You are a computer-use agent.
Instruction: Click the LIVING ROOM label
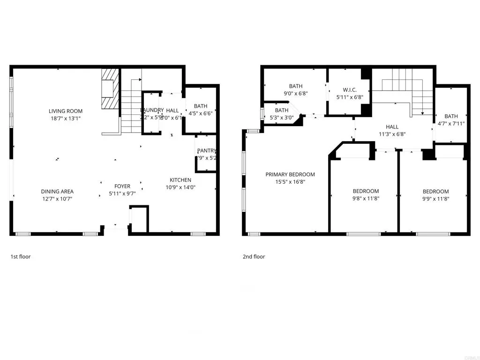pyautogui.click(x=66, y=111)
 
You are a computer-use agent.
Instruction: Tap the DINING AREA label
pyautogui.click(x=57, y=191)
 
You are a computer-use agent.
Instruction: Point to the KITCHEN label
pyautogui.click(x=180, y=180)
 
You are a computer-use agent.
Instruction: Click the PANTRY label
pyautogui.click(x=207, y=150)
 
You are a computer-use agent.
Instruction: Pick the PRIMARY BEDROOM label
pyautogui.click(x=290, y=174)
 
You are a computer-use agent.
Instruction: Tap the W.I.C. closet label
pyautogui.click(x=350, y=90)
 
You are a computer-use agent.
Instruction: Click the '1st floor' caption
pyautogui.click(x=21, y=256)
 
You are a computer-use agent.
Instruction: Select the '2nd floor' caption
pyautogui.click(x=254, y=256)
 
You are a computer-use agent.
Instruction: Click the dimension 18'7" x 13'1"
pyautogui.click(x=66, y=119)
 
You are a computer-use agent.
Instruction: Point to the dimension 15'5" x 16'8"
pyautogui.click(x=290, y=182)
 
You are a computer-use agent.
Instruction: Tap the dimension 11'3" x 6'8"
pyautogui.click(x=392, y=134)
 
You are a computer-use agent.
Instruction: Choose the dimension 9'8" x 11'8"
pyautogui.click(x=366, y=199)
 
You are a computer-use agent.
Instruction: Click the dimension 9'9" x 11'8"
pyautogui.click(x=435, y=199)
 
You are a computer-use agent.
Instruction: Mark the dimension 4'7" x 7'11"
pyautogui.click(x=451, y=124)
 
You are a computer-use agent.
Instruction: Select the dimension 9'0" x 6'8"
pyautogui.click(x=296, y=93)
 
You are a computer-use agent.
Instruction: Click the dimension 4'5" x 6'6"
pyautogui.click(x=201, y=113)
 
